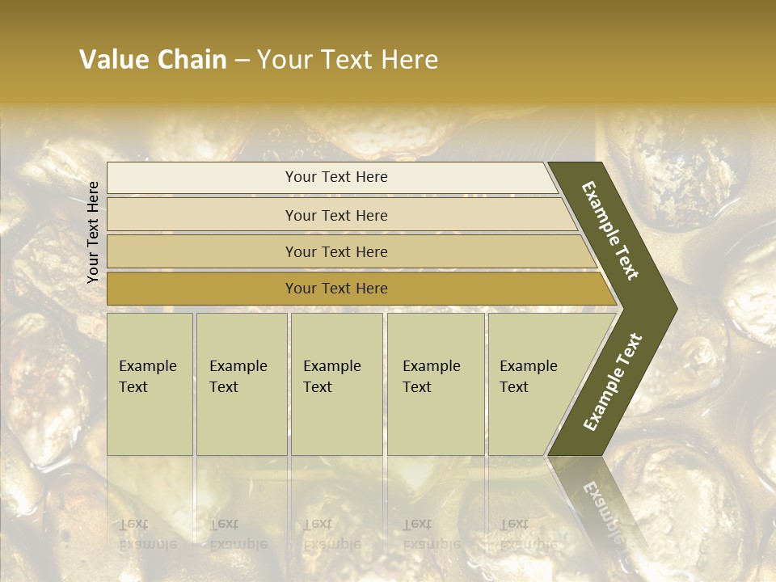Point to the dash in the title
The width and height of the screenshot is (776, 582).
(242, 61)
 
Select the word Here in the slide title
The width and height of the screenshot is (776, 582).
(410, 60)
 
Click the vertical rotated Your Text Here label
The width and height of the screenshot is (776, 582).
(93, 232)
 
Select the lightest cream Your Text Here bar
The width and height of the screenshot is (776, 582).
(336, 177)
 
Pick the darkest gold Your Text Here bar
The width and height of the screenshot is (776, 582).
(336, 289)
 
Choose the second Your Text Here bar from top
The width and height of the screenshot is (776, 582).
(336, 215)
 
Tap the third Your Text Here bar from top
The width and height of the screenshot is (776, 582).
(336, 252)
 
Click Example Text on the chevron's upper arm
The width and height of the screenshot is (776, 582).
(610, 230)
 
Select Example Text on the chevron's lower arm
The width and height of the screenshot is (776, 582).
(612, 382)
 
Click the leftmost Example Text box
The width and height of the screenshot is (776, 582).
(150, 384)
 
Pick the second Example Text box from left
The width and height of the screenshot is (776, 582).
(242, 384)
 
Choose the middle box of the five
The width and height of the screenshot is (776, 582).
(336, 384)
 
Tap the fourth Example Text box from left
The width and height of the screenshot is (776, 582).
(436, 384)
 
